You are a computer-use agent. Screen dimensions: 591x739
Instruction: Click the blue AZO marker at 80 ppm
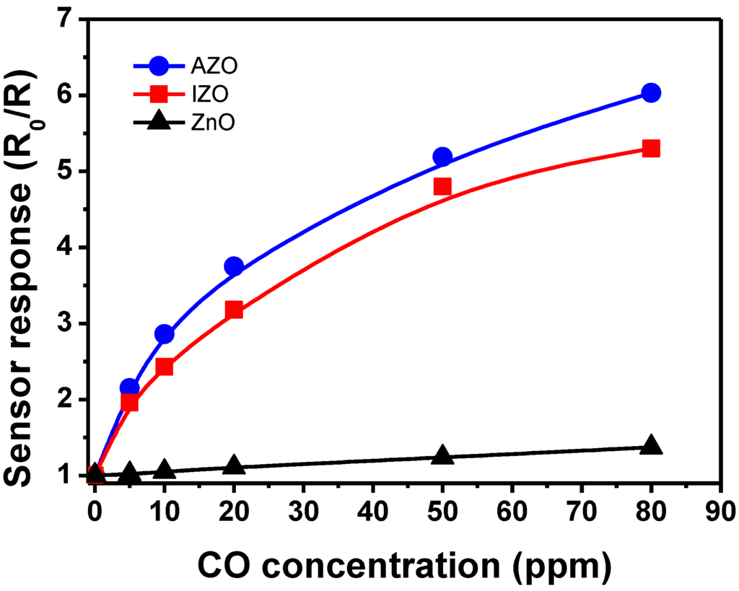tap(651, 93)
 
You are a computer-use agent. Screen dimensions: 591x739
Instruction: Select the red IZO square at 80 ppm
tap(651, 149)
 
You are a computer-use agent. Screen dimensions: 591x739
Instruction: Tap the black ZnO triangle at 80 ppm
tap(651, 445)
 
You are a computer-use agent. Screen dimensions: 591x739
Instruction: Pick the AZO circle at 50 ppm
tap(442, 157)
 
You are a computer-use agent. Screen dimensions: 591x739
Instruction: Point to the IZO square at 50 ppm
tap(442, 187)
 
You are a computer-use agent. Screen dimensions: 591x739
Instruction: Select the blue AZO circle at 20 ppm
tap(234, 267)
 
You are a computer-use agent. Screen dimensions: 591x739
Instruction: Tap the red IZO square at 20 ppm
tap(234, 310)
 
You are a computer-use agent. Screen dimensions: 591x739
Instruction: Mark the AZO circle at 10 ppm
tap(165, 334)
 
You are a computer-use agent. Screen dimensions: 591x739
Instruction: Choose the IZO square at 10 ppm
tap(165, 367)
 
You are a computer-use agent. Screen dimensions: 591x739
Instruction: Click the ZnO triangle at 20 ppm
tap(234, 465)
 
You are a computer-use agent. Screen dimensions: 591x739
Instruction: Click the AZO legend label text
tap(214, 66)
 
